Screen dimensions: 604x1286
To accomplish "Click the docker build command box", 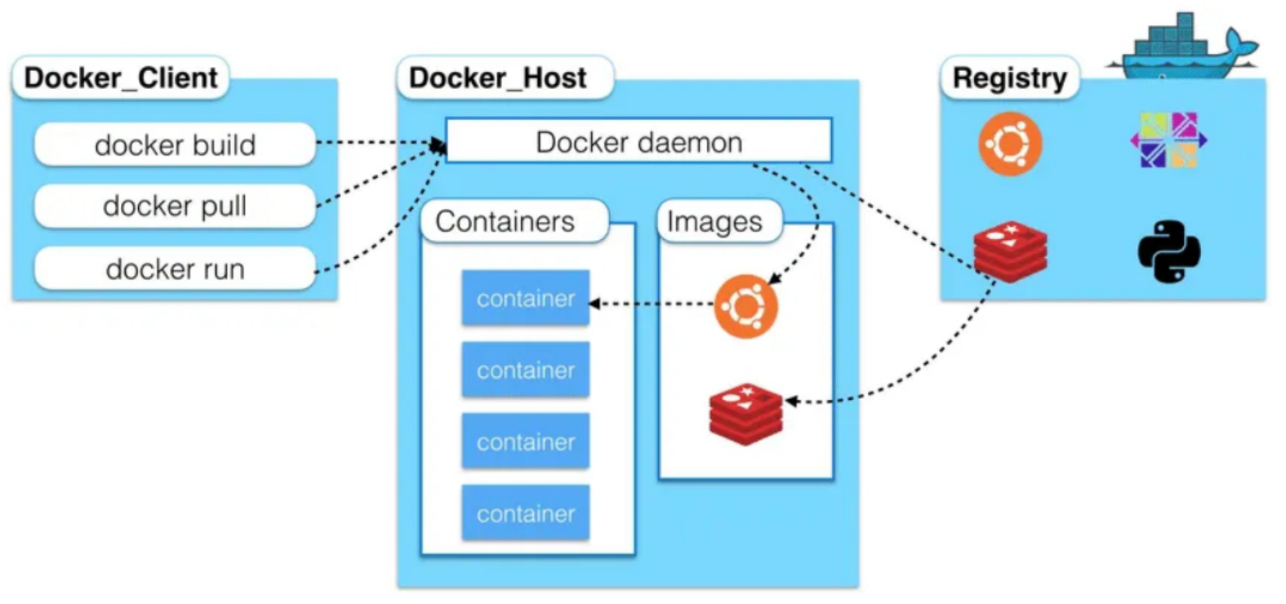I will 175,144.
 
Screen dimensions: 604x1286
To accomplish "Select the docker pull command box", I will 175,206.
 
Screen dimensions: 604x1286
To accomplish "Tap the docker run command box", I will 175,269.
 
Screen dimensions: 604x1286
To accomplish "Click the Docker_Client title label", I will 121,78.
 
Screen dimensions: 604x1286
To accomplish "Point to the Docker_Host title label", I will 498,78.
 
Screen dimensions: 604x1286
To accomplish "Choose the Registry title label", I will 1009,78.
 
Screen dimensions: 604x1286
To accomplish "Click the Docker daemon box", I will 639,141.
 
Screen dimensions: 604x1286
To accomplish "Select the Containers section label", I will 505,221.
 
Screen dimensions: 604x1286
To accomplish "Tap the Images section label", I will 714,221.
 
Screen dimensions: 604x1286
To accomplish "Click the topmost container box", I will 525,299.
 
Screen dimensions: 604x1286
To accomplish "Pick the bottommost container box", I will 525,513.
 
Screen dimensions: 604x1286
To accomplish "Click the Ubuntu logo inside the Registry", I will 1010,144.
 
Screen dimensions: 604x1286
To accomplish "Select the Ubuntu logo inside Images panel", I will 745,306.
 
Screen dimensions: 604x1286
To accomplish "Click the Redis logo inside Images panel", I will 745,413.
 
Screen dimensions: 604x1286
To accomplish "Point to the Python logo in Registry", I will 1169,251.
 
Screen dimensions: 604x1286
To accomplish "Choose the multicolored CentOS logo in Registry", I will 1168,140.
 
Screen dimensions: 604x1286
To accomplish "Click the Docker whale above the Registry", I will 1184,49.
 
